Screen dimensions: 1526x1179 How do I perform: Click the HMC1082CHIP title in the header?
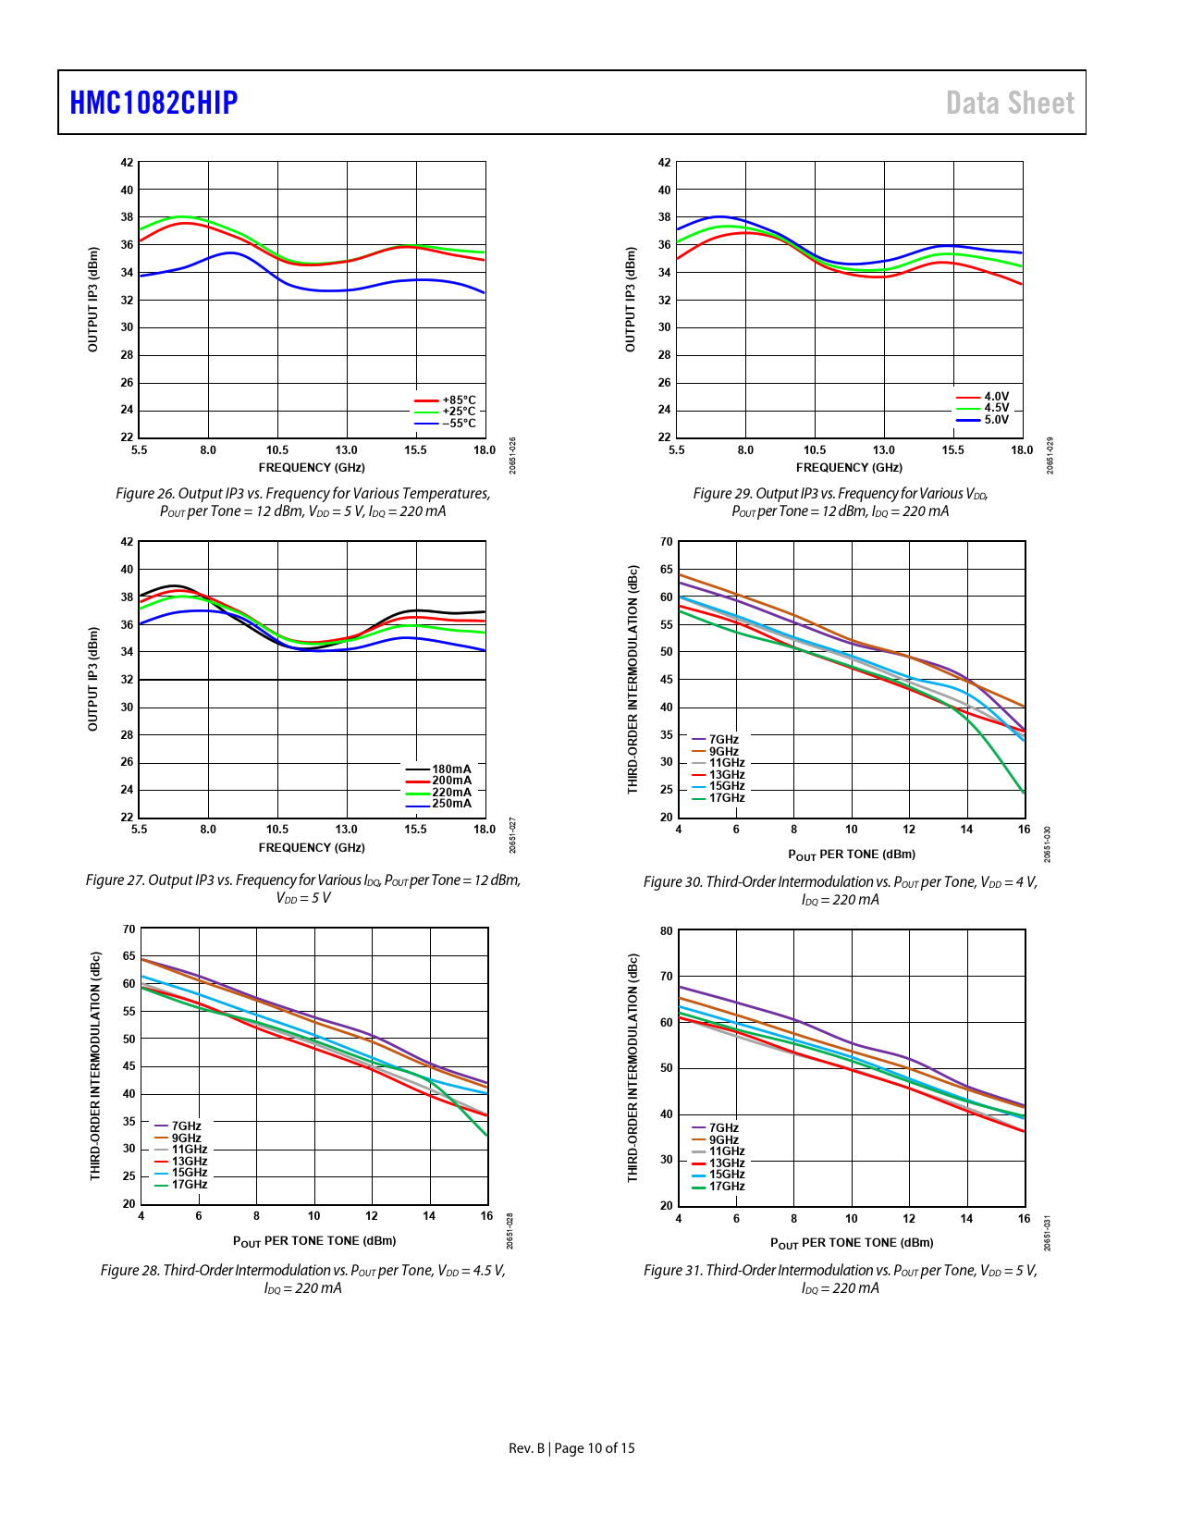coord(154,103)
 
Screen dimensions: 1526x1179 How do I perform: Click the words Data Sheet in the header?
coord(1010,103)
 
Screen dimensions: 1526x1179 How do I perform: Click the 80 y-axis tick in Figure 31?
coord(666,931)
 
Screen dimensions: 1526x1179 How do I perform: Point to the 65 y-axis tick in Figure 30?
coord(666,570)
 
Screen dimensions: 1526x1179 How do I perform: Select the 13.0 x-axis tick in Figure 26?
coord(346,450)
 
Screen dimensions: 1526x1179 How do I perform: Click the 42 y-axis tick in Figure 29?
coord(664,163)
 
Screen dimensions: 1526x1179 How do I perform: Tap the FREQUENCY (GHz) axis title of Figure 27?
coord(312,848)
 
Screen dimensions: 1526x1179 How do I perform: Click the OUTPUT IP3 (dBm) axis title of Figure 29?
coord(631,300)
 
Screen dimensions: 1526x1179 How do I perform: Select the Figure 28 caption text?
coord(302,1279)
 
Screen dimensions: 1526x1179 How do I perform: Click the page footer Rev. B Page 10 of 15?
coord(571,1448)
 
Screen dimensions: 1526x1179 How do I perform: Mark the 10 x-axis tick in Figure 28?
coord(314,1216)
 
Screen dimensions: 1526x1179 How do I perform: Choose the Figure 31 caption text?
coord(840,1279)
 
